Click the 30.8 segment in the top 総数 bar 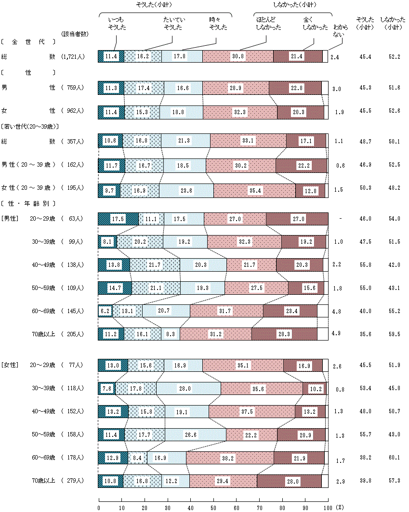238,56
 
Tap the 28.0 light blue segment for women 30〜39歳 188,388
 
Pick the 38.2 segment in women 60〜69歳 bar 230,458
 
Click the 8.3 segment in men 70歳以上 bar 171,334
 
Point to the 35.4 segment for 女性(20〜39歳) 254,191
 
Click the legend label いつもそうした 116,23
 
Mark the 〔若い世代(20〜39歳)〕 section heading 30,126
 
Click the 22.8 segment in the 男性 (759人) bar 295,88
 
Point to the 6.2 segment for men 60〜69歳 105,311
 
